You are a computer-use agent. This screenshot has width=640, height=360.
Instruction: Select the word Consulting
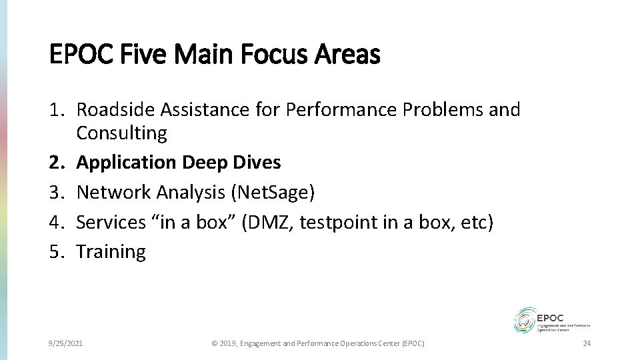pos(122,133)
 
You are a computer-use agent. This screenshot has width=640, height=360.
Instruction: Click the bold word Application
pos(125,163)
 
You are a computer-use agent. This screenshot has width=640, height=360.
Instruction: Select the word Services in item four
pos(110,222)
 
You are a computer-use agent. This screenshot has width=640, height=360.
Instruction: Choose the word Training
pos(111,251)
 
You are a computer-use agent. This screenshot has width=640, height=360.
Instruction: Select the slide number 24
pos(587,343)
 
